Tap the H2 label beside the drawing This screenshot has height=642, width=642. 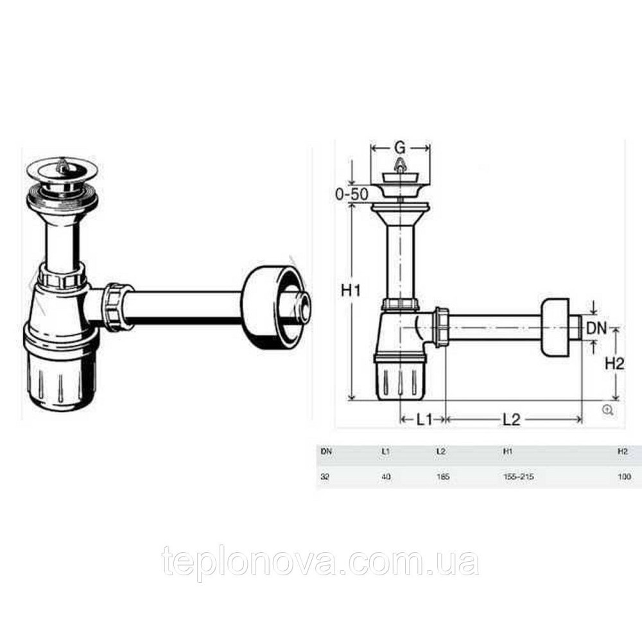pyautogui.click(x=615, y=363)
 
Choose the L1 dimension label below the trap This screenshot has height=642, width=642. pyautogui.click(x=422, y=420)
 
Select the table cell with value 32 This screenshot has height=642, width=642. pyautogui.click(x=325, y=477)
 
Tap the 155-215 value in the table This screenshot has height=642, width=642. pyautogui.click(x=519, y=477)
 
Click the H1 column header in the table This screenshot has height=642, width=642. pyautogui.click(x=507, y=452)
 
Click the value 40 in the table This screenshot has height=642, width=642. pyautogui.click(x=385, y=477)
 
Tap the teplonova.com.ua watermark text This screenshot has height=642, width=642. pyautogui.click(x=320, y=562)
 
